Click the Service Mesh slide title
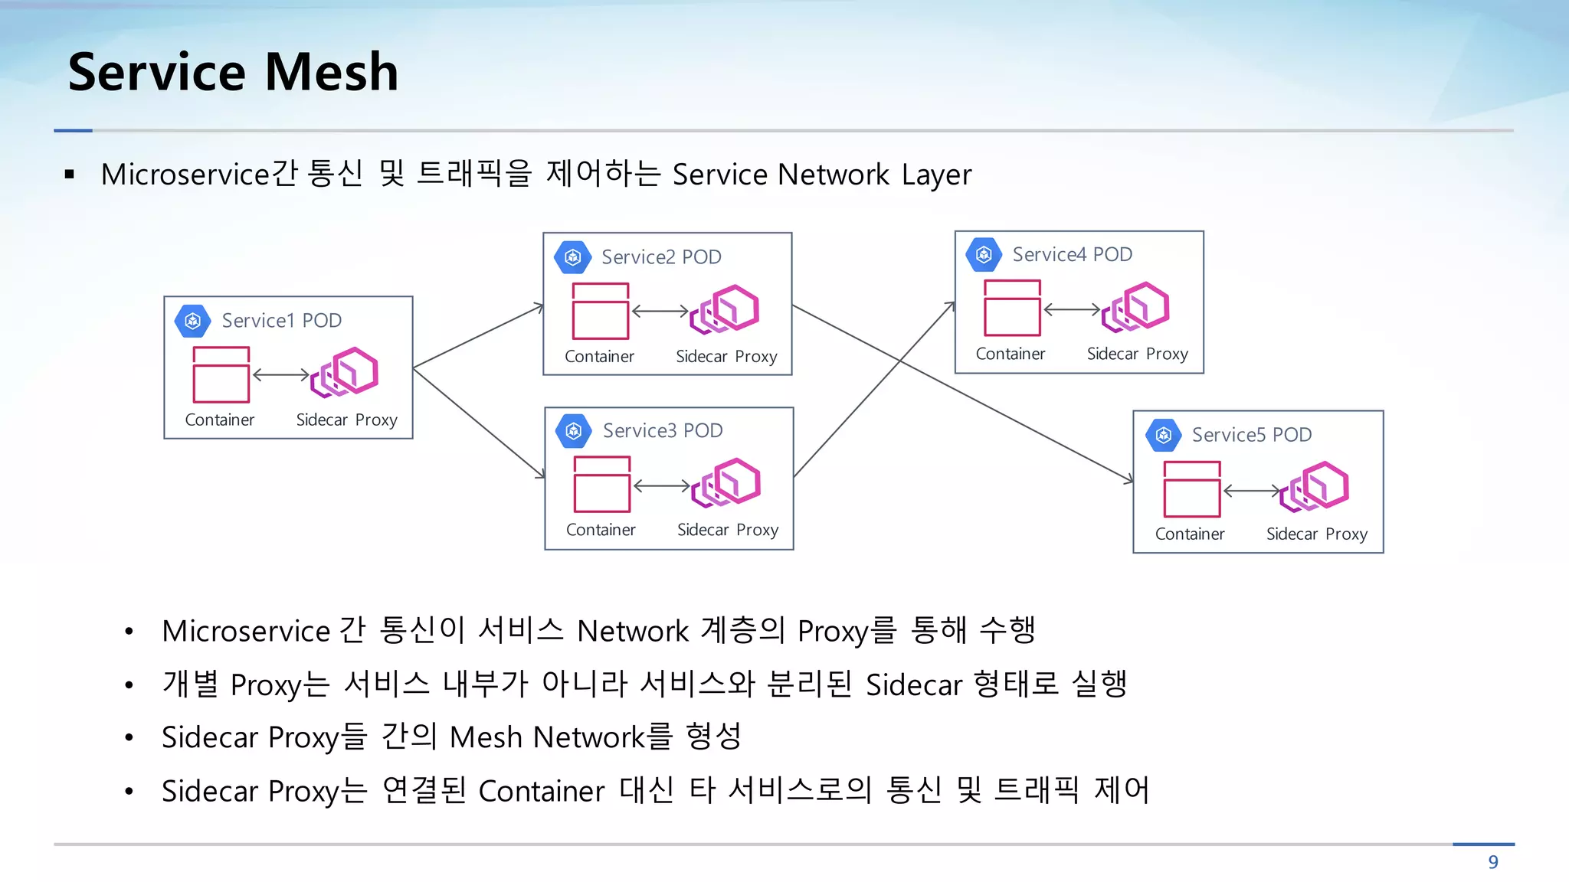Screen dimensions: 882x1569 pyautogui.click(x=233, y=72)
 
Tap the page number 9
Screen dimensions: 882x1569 pyautogui.click(x=1492, y=862)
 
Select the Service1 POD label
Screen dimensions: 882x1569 pyautogui.click(x=281, y=320)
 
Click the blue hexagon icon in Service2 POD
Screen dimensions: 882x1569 pyautogui.click(x=573, y=257)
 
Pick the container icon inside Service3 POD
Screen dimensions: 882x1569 pyautogui.click(x=601, y=485)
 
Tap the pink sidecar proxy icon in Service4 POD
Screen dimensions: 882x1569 pyautogui.click(x=1136, y=307)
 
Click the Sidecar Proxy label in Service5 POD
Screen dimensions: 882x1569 pyautogui.click(x=1316, y=534)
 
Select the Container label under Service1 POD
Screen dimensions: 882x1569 pyautogui.click(x=219, y=420)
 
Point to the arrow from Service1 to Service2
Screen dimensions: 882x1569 pyautogui.click(x=479, y=336)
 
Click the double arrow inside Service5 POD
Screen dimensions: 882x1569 pyautogui.click(x=1253, y=491)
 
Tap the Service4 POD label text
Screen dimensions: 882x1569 pyautogui.click(x=1072, y=254)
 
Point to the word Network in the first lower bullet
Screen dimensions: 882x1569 pyautogui.click(x=633, y=631)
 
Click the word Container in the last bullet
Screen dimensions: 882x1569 pyautogui.click(x=541, y=791)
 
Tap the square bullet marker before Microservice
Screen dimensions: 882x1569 pyautogui.click(x=70, y=175)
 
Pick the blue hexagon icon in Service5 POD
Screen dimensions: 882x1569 pyautogui.click(x=1163, y=436)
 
